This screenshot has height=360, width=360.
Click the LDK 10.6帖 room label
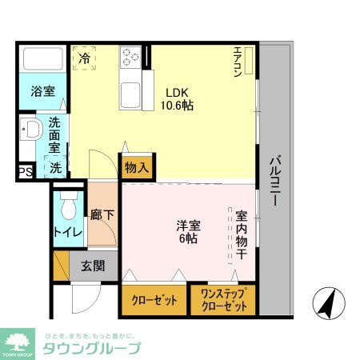coord(177,98)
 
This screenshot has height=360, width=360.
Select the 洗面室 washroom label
coord(54,136)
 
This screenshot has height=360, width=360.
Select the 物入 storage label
coord(136,168)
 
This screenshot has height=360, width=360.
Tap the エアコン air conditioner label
coord(238,62)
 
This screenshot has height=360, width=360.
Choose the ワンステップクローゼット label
coord(223,300)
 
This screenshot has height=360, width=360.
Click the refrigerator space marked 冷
coord(85,58)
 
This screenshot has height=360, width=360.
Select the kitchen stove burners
coord(131,57)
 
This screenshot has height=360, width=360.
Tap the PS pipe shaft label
coord(26,171)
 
